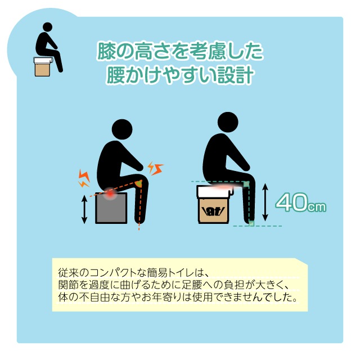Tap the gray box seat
click(x=111, y=208)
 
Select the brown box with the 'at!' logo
click(x=214, y=210)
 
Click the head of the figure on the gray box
click(x=122, y=129)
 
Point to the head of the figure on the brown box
click(x=228, y=122)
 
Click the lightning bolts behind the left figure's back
click(x=84, y=178)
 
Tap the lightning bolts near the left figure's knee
click(x=155, y=168)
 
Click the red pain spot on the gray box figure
click(x=110, y=194)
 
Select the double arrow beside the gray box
click(x=84, y=209)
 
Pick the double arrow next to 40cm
click(x=265, y=202)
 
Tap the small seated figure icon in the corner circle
click(x=48, y=49)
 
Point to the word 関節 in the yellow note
click(x=69, y=285)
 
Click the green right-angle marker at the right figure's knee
click(x=246, y=184)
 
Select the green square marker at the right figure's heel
click(x=251, y=223)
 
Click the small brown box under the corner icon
click(x=42, y=70)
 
